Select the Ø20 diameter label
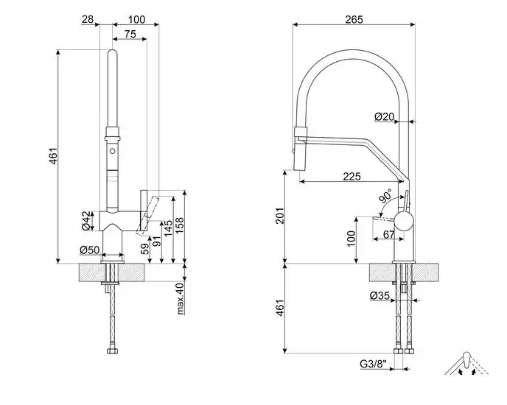click(384, 116)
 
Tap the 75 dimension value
click(130, 34)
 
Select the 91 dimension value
click(156, 239)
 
